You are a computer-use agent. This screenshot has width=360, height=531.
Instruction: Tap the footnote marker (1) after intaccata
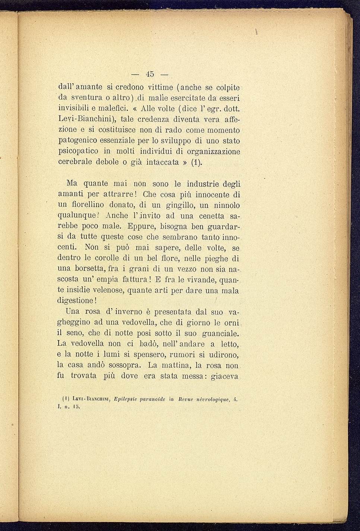click(196, 162)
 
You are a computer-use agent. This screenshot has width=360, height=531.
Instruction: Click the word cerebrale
click(75, 162)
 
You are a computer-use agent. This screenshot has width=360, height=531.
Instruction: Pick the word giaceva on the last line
click(224, 376)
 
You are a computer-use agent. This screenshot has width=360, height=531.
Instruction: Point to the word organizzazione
click(213, 152)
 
